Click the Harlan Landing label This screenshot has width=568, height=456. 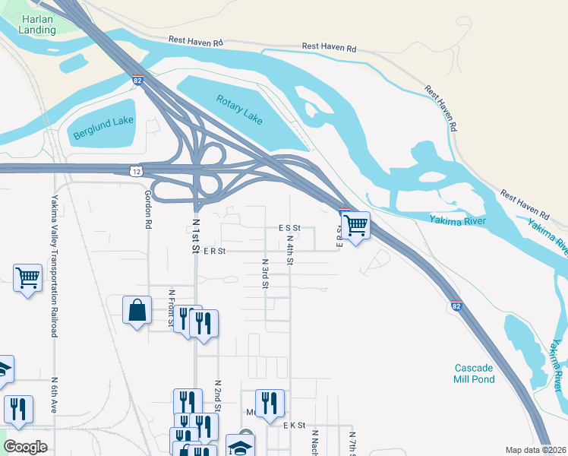(x=38, y=24)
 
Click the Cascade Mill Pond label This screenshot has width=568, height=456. (x=475, y=373)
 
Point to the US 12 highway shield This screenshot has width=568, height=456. (x=134, y=172)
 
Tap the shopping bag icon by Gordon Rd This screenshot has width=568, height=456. (x=137, y=310)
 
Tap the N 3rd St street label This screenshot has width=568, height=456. (x=265, y=274)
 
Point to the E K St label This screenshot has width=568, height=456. (x=293, y=426)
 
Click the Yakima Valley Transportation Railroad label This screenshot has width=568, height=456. (x=55, y=252)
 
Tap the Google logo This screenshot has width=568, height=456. (x=25, y=447)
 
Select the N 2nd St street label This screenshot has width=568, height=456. (x=217, y=396)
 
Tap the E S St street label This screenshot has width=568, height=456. (x=290, y=227)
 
